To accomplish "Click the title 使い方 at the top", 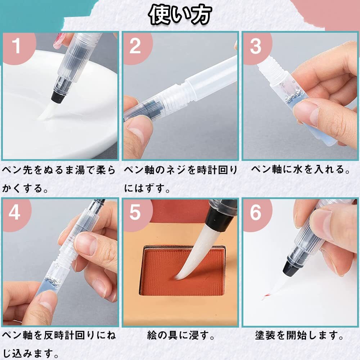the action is coord(180,15).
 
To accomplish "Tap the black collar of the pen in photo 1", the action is coord(58,96).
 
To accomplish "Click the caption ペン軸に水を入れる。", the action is coord(301,170).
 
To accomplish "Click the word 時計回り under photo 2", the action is coord(214,170).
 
